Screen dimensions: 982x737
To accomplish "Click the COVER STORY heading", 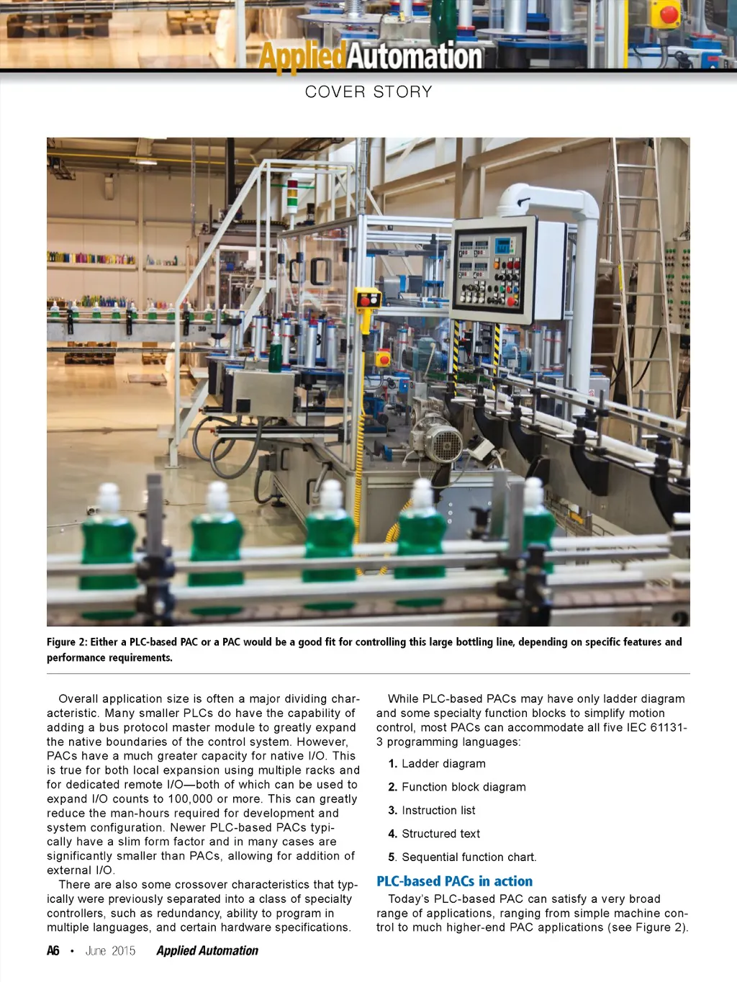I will click(x=368, y=92).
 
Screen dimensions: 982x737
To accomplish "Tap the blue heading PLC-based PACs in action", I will click(x=454, y=881).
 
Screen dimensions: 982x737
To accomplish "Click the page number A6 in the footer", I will click(x=53, y=951).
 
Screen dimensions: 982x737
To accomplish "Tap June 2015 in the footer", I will click(x=110, y=951).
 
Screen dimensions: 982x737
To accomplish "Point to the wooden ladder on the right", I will click(x=636, y=274).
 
